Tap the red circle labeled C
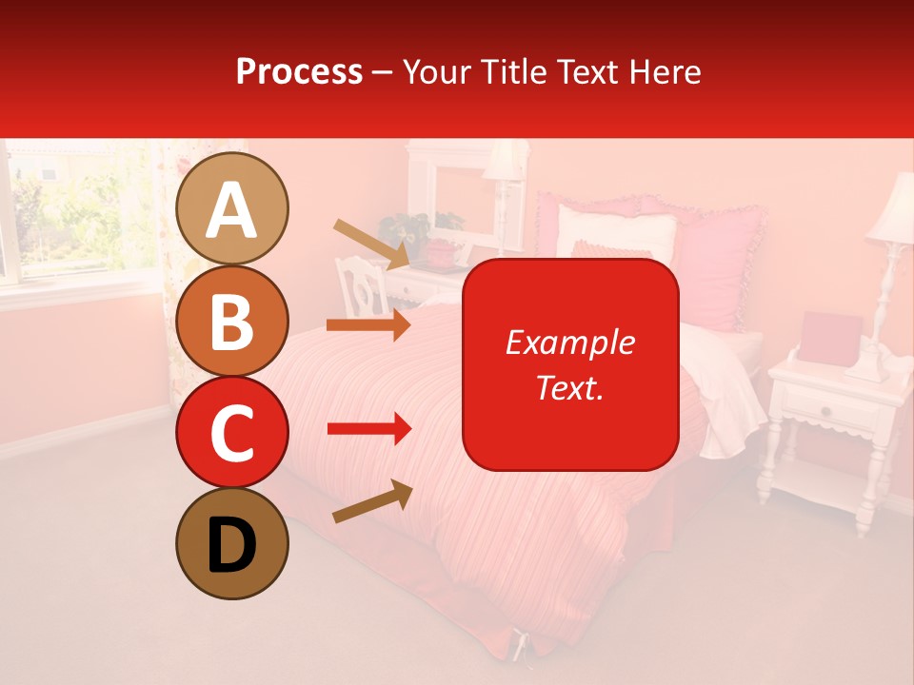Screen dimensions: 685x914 tap(232, 432)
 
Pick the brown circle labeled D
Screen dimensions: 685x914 tap(232, 543)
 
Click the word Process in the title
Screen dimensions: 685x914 tap(299, 71)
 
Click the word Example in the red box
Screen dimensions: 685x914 tap(569, 342)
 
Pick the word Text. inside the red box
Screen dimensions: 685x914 tap(569, 387)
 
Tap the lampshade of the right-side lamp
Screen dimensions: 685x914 tap(896, 210)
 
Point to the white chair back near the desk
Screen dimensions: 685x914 tap(359, 284)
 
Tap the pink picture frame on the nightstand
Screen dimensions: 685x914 tap(830, 336)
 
